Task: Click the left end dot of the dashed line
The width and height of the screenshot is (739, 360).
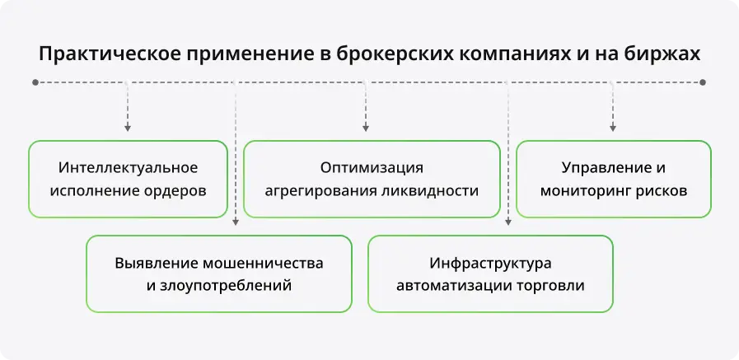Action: point(35,82)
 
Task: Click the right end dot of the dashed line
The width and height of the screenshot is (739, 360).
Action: point(703,82)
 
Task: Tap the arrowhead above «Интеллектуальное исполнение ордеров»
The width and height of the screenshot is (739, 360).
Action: point(127,129)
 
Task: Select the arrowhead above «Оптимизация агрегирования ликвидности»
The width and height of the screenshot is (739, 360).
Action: point(366,129)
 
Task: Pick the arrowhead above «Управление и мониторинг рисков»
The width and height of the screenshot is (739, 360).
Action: point(613,129)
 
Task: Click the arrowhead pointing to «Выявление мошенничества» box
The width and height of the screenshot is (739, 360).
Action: point(236,222)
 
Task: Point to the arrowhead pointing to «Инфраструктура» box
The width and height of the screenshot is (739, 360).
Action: point(508,222)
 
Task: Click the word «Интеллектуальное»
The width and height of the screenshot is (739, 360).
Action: point(129,168)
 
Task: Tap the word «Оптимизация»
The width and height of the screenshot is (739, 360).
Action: point(372,168)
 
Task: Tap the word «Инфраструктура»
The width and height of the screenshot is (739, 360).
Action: point(490,263)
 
